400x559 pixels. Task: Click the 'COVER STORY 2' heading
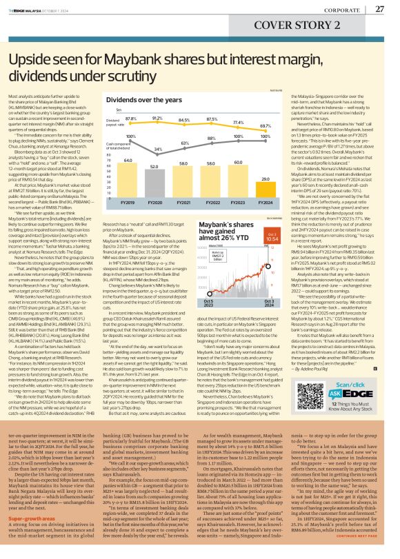pos(353,27)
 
